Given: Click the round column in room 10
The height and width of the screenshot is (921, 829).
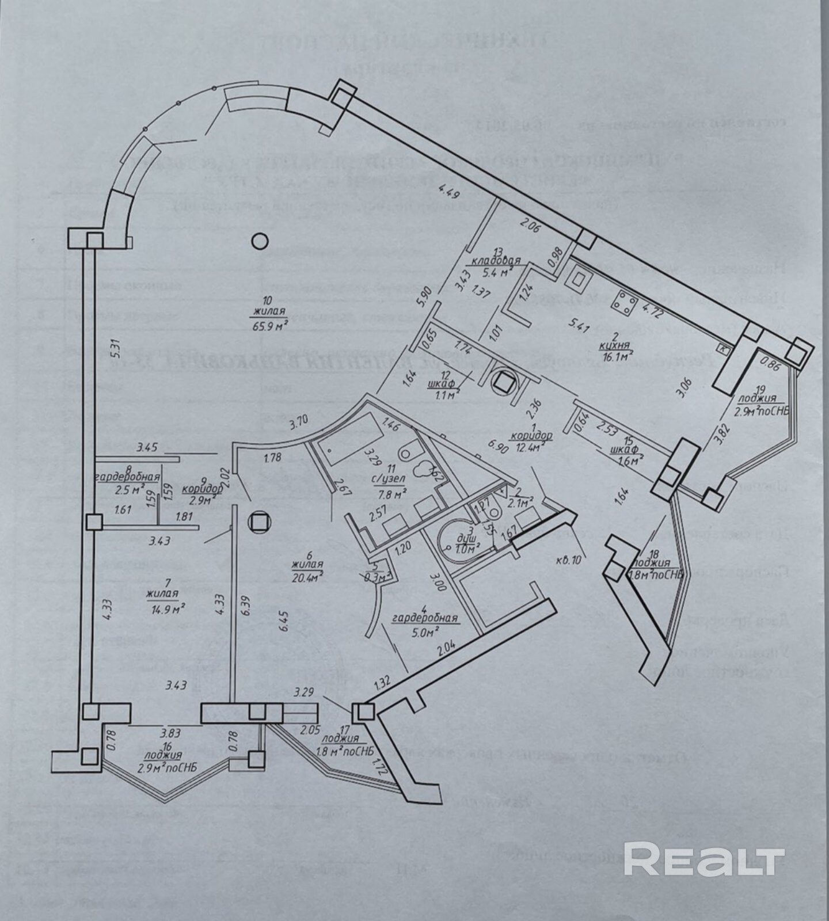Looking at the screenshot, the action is pos(260,241).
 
